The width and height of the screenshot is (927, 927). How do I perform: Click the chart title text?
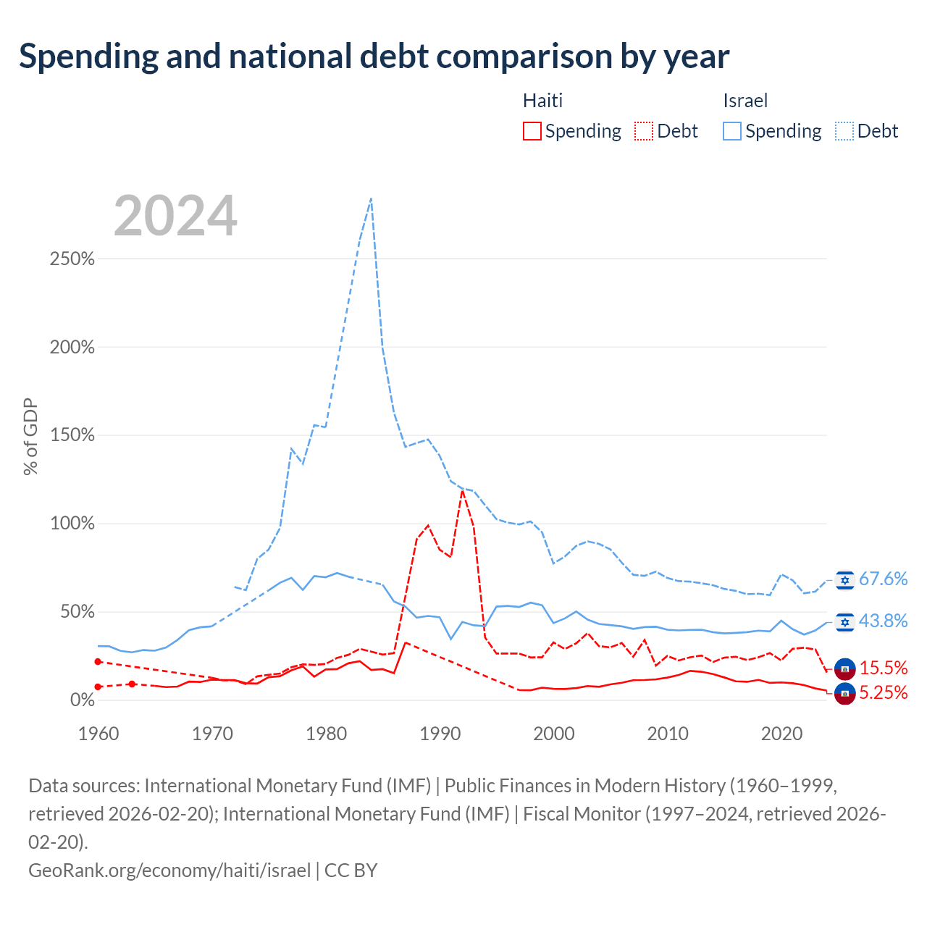point(374,56)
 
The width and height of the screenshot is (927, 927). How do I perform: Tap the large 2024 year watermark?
point(175,216)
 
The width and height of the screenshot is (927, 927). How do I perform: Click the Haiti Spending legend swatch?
point(532,131)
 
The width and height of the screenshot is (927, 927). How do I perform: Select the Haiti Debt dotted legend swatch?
point(644,131)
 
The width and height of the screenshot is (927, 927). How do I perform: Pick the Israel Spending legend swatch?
point(731,131)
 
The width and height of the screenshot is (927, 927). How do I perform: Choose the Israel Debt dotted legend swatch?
point(844,131)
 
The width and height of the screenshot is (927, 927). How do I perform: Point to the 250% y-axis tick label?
point(72,259)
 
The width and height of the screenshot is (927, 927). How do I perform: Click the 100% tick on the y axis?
point(72,524)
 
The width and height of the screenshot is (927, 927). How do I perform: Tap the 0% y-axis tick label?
point(83,700)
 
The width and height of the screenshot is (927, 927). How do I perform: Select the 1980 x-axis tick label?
point(326,734)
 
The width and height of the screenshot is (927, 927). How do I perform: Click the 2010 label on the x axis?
point(668,734)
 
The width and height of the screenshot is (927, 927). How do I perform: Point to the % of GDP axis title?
point(30,436)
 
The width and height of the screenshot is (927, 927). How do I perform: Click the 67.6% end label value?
point(884,579)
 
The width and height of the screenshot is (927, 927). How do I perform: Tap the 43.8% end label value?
point(884,621)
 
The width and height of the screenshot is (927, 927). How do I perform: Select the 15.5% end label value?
point(884,668)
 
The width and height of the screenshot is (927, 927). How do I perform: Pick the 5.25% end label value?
point(884,693)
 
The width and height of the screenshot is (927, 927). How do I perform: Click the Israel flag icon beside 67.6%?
point(844,580)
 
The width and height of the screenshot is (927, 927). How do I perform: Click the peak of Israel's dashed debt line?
point(371,198)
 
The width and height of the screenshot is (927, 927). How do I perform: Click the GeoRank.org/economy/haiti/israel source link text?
point(169,871)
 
